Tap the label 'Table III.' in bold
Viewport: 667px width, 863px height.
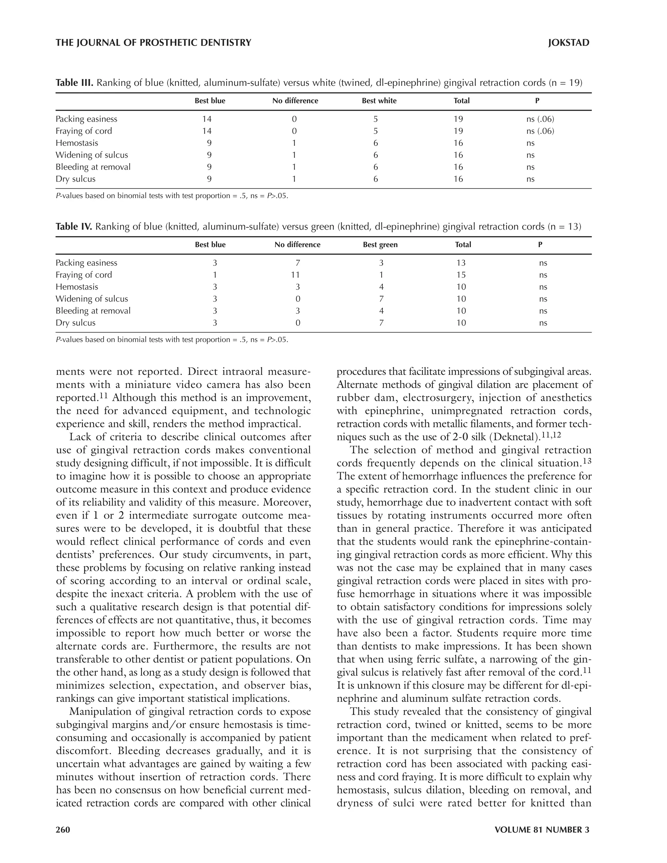(x=74, y=83)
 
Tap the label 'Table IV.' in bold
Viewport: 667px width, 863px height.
(x=74, y=227)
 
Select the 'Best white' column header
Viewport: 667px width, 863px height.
(x=379, y=101)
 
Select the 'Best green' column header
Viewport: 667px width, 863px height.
(x=380, y=245)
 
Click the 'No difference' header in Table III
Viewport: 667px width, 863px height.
(x=295, y=101)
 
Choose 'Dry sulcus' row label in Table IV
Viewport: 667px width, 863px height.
(x=76, y=323)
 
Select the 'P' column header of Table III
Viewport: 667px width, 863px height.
(x=537, y=101)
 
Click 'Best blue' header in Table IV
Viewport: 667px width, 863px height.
(x=210, y=245)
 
